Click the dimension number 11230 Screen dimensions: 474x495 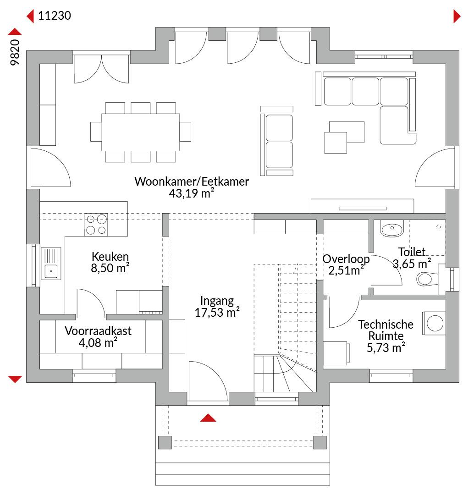(54, 16)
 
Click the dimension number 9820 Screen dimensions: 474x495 (15, 52)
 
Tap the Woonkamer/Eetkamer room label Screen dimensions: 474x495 (192, 181)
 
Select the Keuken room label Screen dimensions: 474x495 (110, 256)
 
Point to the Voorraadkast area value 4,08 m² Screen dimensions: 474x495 (98, 342)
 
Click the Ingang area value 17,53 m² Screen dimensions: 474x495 (217, 312)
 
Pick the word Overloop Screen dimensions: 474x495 (346, 259)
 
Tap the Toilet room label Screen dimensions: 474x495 (412, 252)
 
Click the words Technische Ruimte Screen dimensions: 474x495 (386, 330)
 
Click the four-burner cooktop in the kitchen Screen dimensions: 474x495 (96, 225)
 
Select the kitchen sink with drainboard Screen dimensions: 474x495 (51, 263)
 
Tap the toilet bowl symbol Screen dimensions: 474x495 (427, 279)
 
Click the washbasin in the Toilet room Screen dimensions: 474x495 (392, 228)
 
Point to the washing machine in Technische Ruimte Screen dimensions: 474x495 (434, 323)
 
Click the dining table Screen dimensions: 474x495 (141, 132)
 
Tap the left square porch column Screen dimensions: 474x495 (165, 442)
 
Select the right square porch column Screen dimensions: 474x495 (320, 442)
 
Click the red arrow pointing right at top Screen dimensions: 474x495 (457, 16)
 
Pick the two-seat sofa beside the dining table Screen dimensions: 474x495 (277, 141)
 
